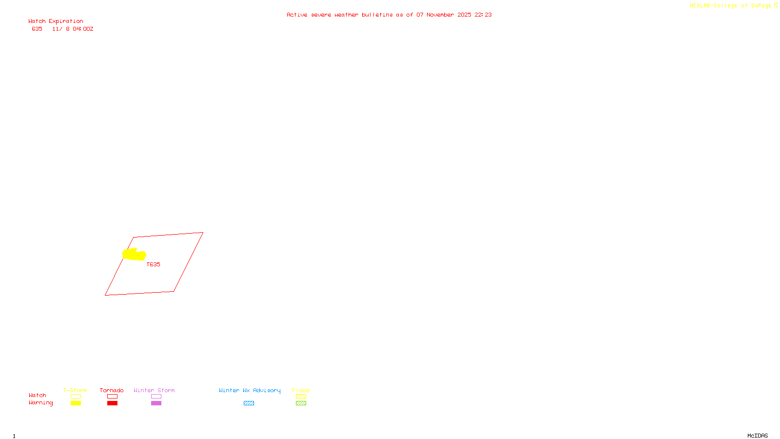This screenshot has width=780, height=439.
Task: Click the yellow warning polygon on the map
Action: coord(134,254)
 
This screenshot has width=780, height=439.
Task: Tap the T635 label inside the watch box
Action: coord(153,264)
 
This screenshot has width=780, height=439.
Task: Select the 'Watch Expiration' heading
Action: coord(56,21)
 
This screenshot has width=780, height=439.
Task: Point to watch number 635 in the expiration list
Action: coord(37,29)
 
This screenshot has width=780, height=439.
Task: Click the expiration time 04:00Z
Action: coord(83,29)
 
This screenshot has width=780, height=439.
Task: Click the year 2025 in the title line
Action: coord(464,15)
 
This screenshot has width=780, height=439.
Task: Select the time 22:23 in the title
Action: coord(483,15)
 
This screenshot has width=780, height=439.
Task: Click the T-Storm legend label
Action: coord(75,390)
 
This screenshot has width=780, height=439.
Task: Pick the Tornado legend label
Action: coord(112,390)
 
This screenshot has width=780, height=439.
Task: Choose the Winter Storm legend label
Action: coord(154,390)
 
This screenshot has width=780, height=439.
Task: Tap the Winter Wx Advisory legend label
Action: coord(250,390)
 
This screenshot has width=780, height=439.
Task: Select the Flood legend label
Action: coord(301,390)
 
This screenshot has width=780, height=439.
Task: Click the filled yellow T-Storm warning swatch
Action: coord(76,403)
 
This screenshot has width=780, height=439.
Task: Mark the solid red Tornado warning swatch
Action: coord(112,403)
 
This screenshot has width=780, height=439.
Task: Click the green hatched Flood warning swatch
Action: coord(301,403)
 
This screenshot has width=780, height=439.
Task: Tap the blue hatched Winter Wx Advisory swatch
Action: coord(249,403)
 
